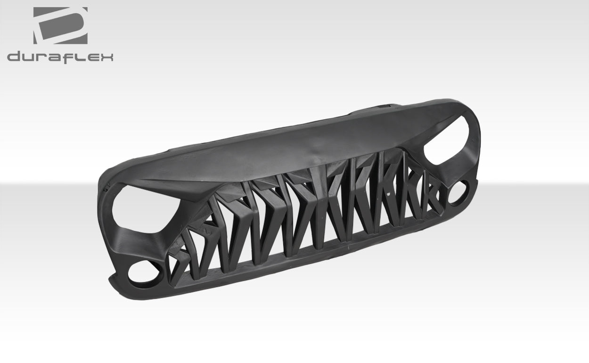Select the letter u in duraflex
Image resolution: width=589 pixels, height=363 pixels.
(29, 58)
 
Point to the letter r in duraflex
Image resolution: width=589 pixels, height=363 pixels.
(42, 58)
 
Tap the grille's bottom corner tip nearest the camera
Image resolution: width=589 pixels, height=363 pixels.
(113, 283)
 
